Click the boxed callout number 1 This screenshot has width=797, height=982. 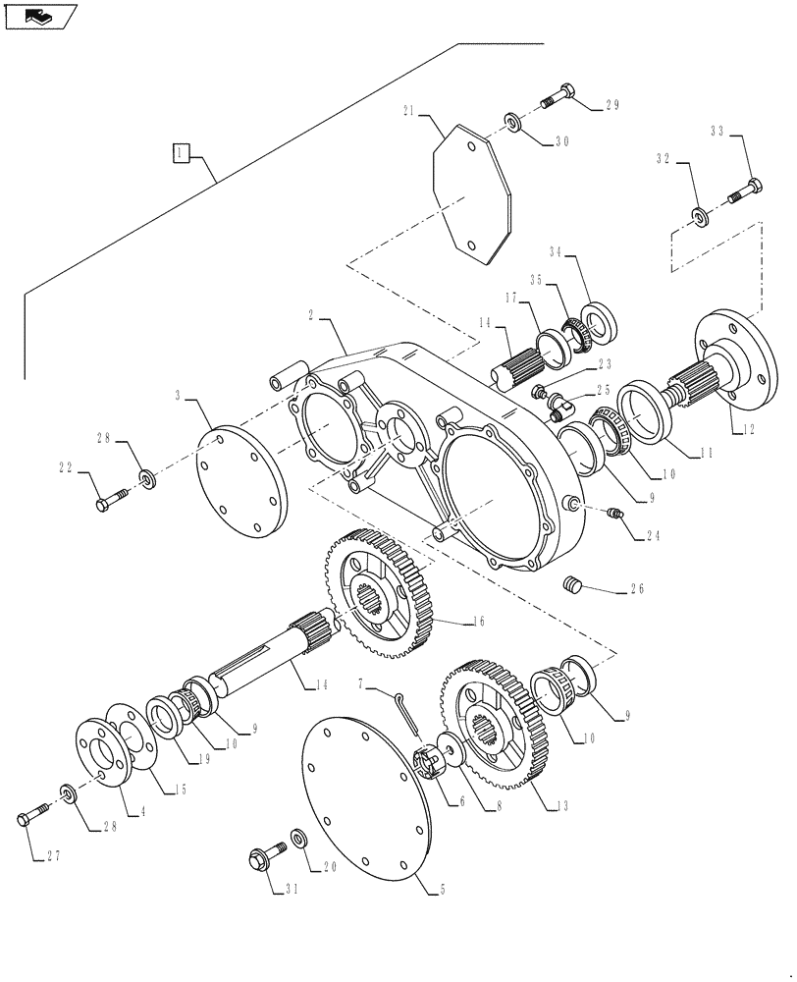point(181,152)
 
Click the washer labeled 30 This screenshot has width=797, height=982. point(512,122)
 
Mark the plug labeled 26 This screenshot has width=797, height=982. point(574,586)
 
